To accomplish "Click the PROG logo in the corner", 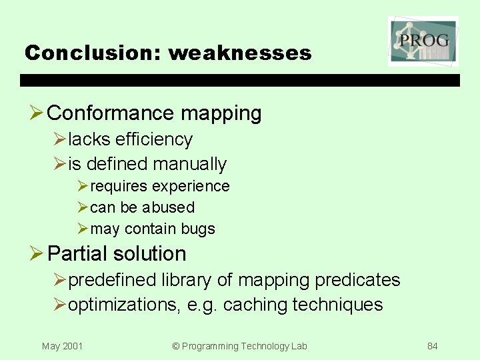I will click(423, 41).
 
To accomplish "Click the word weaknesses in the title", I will click(240, 53).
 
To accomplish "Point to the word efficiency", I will click(153, 139).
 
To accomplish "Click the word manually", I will click(189, 164).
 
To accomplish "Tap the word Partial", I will click(77, 254).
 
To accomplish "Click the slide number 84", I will click(433, 346).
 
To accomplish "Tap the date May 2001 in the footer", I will click(62, 346).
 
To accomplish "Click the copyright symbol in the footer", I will click(176, 346).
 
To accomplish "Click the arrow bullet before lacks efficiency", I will click(59, 139).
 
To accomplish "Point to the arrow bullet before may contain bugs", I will click(82, 229).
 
